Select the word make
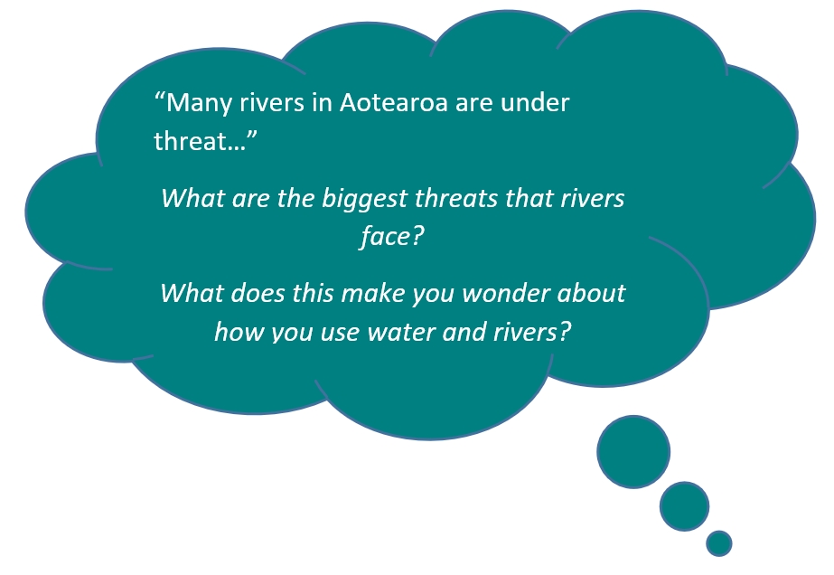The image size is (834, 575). tap(371, 293)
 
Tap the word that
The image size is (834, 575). tap(529, 198)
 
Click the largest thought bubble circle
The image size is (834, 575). tap(633, 451)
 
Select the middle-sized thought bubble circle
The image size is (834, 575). tap(685, 506)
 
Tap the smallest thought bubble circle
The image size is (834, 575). tap(719, 543)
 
